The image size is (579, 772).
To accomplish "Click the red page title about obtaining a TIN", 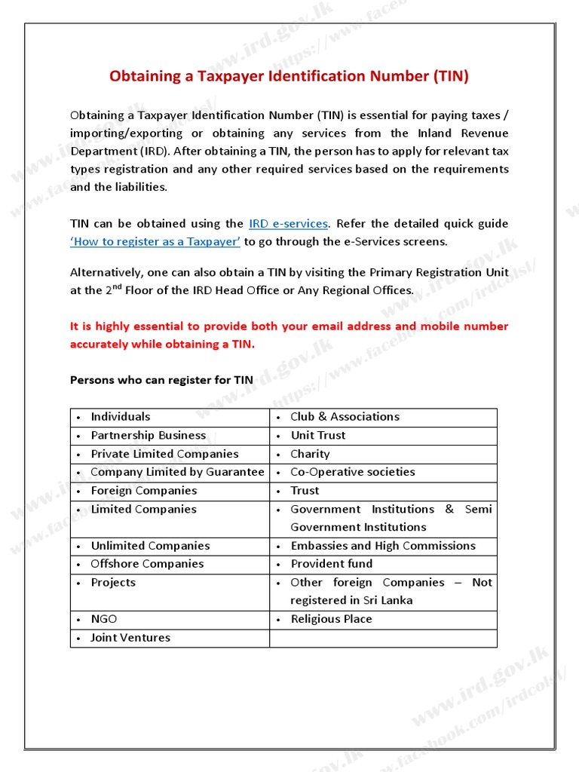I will click(x=289, y=76).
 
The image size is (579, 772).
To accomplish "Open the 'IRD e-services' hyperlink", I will click(x=288, y=224).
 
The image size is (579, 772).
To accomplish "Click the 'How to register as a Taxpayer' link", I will click(x=155, y=242).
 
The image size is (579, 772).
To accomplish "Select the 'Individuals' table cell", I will click(x=121, y=417).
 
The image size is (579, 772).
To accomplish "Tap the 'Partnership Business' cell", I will click(x=148, y=436).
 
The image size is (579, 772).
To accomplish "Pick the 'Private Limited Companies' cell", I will click(x=164, y=454).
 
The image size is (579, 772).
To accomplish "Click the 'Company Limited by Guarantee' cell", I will click(x=177, y=472).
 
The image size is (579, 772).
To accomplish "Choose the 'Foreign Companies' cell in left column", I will click(x=143, y=491).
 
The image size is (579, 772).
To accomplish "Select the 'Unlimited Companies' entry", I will click(x=150, y=546).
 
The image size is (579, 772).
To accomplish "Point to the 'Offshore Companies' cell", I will click(x=147, y=564).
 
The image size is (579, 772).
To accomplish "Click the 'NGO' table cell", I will click(x=104, y=619).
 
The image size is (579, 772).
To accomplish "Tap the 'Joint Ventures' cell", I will click(x=130, y=638).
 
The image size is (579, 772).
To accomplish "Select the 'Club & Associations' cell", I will click(x=345, y=417).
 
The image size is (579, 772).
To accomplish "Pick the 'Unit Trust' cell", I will click(x=318, y=436).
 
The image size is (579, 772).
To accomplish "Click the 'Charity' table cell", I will click(x=310, y=454).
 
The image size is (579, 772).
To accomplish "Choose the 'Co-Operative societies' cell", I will click(x=352, y=472).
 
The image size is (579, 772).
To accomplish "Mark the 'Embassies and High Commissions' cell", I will click(x=383, y=546).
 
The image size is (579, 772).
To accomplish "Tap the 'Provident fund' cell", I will click(x=332, y=564).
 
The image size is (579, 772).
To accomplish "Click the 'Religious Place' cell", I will click(x=331, y=619).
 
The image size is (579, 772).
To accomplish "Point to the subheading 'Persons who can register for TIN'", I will click(x=161, y=380).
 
